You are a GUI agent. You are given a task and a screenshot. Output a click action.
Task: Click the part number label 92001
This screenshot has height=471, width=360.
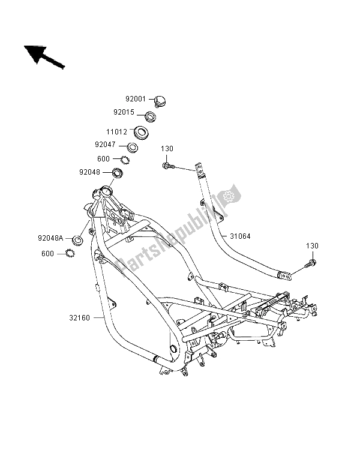[x=135, y=99]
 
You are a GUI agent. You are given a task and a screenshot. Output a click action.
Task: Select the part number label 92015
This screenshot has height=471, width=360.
[x=135, y=112]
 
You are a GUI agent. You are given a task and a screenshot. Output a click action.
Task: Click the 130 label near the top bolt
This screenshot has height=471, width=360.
[x=167, y=148]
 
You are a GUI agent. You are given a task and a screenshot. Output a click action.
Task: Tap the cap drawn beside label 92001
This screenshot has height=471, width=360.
[x=160, y=101]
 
